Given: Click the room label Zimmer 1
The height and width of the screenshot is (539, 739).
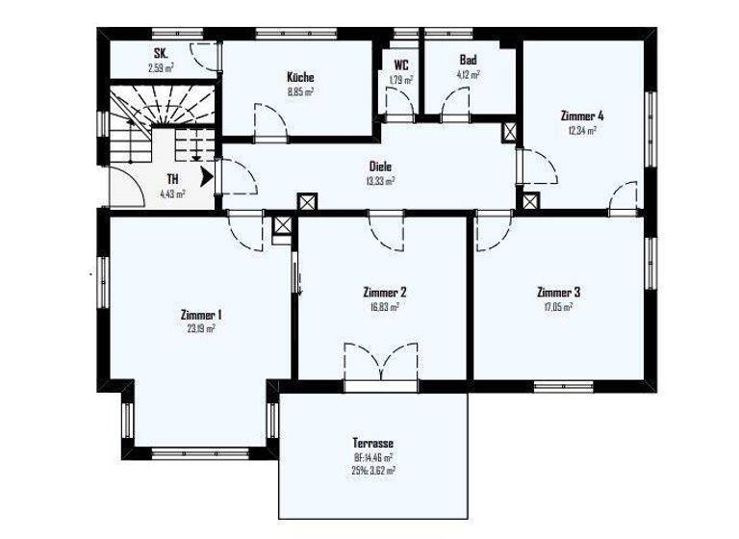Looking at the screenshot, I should pyautogui.click(x=201, y=314).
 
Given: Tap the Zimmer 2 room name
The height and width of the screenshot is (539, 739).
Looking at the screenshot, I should pyautogui.click(x=384, y=292).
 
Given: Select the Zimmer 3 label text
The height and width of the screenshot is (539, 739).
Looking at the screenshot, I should pyautogui.click(x=558, y=292).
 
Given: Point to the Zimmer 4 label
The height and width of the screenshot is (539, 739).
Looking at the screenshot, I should pyautogui.click(x=581, y=115).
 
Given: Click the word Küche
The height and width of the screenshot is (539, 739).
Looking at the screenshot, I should pyautogui.click(x=300, y=77).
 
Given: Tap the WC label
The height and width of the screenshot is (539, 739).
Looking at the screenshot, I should pyautogui.click(x=400, y=64).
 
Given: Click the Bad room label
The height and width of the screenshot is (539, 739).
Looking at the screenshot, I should pyautogui.click(x=468, y=60).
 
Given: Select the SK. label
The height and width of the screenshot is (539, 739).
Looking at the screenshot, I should pyautogui.click(x=161, y=54).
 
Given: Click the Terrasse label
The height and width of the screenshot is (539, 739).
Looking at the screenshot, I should pyautogui.click(x=372, y=444).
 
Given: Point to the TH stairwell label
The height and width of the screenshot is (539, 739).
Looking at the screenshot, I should pyautogui.click(x=172, y=179).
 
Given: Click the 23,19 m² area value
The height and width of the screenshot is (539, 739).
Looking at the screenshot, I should pyautogui.click(x=201, y=328).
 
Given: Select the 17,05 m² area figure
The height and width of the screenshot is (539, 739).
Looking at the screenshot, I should pyautogui.click(x=558, y=307).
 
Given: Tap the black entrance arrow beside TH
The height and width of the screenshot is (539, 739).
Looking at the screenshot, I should pyautogui.click(x=206, y=177).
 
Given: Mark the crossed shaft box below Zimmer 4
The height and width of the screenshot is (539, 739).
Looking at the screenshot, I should pyautogui.click(x=530, y=202).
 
